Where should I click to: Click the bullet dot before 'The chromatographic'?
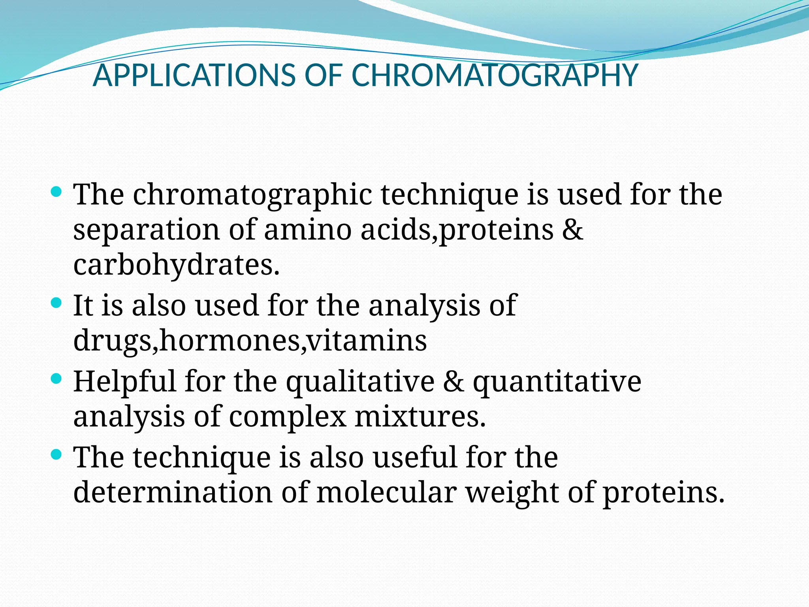point(56,192)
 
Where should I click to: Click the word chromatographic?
point(252,195)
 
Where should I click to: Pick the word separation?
point(146,230)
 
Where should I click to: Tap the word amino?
point(307,230)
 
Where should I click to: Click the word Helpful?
point(124,382)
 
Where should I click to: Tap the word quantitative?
point(557,382)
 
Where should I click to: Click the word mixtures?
point(420,417)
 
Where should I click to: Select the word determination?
point(173,492)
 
